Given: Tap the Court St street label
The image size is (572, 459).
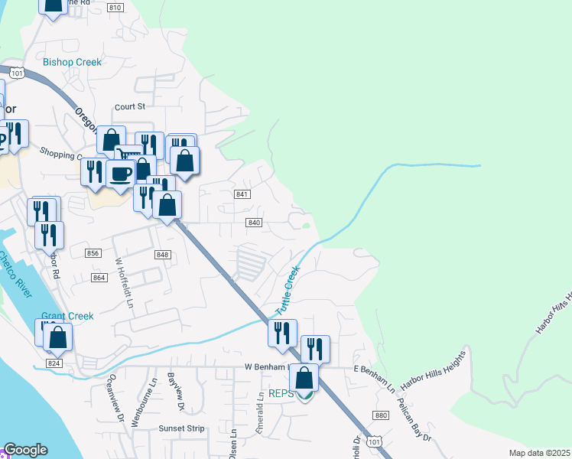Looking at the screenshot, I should pyautogui.click(x=129, y=106).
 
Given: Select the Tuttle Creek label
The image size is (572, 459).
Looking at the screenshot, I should pyautogui.click(x=285, y=291).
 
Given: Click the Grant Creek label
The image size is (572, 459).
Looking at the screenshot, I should pyautogui.click(x=67, y=316).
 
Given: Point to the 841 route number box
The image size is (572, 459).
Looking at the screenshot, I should pyautogui.click(x=242, y=195).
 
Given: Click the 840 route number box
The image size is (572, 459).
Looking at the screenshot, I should pyautogui.click(x=255, y=223).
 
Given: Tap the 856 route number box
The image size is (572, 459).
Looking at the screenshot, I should pyautogui.click(x=93, y=253).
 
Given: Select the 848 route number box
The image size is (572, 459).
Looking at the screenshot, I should pyautogui.click(x=161, y=255).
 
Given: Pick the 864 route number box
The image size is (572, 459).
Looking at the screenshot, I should pyautogui.click(x=98, y=277).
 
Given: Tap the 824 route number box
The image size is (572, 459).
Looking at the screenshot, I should pyautogui.click(x=54, y=363).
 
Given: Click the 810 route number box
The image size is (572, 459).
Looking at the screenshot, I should pyautogui.click(x=115, y=8).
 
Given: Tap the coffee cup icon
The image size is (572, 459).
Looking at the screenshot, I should pyautogui.click(x=121, y=173).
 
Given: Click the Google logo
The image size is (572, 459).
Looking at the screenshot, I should pyautogui.click(x=25, y=450).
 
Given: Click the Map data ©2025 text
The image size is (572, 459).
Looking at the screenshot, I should pyautogui.click(x=539, y=453).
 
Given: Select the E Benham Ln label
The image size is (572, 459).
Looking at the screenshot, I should pyautogui.click(x=374, y=369).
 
